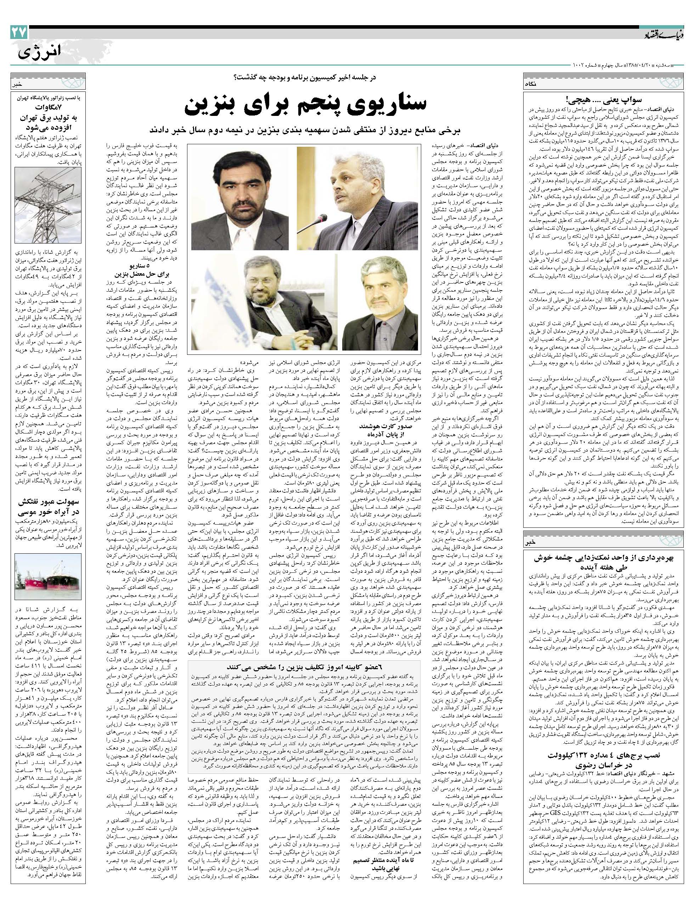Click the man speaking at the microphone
coord(357,191)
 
